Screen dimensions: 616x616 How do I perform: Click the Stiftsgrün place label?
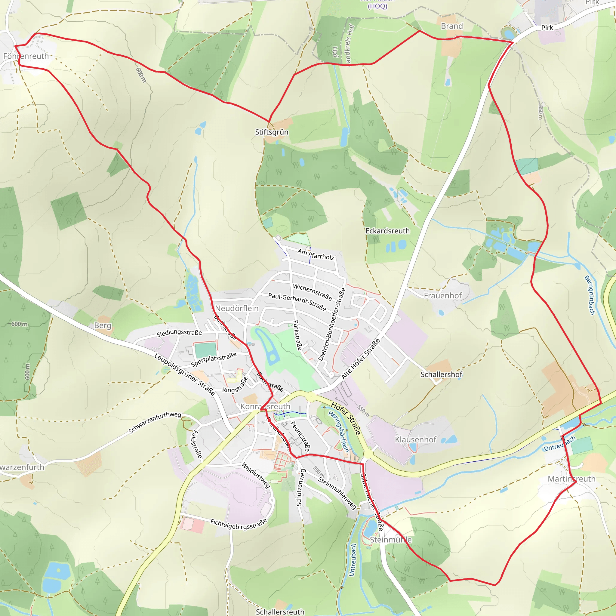click(272, 132)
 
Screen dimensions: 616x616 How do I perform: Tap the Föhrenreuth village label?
click(26, 56)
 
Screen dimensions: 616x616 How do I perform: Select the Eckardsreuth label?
click(387, 231)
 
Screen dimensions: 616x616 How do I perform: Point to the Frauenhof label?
click(442, 296)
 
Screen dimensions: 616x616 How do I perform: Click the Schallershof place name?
click(441, 374)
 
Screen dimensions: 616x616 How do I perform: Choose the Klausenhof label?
click(415, 440)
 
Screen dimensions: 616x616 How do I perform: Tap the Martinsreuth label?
click(571, 479)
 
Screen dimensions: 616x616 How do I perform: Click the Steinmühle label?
click(391, 540)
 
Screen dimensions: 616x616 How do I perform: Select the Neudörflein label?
click(237, 308)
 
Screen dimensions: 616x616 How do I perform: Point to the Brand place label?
click(452, 26)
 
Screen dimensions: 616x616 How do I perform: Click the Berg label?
click(103, 325)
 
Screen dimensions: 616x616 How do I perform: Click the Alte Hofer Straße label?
click(361, 359)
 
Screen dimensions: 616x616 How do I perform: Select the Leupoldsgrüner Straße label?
click(185, 374)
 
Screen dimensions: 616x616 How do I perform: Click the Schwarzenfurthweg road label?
click(155, 423)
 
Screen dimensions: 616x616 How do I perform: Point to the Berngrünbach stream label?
click(590, 295)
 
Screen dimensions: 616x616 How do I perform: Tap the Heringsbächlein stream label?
click(339, 431)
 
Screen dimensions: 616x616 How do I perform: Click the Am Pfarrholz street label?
click(316, 254)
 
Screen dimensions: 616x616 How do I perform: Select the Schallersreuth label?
click(280, 612)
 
